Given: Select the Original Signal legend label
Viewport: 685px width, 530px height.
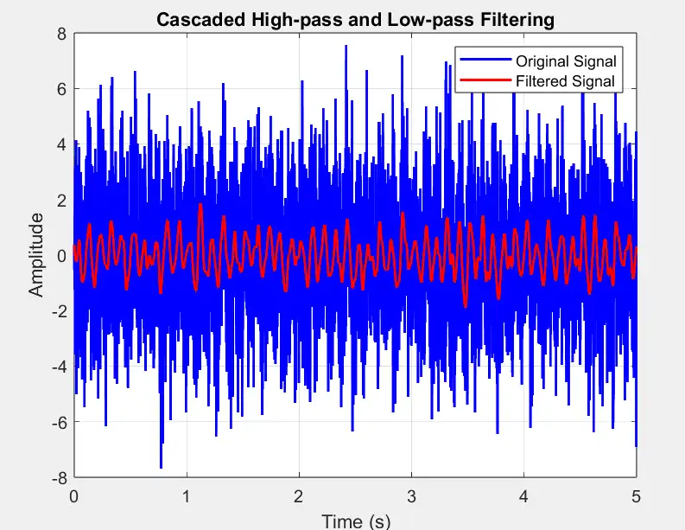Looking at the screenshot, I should [565, 61].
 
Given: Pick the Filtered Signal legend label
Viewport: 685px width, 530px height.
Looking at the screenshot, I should [565, 81].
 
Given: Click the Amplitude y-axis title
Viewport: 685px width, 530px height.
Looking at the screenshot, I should [35, 256].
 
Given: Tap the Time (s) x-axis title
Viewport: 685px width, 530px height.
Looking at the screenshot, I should [355, 520].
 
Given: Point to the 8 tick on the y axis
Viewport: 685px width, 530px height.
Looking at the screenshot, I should [61, 35].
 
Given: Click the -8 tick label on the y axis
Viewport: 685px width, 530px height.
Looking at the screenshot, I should [59, 477].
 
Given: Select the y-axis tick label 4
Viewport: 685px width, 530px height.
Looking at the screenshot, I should [61, 145].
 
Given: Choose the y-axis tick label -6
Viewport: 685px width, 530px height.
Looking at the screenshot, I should [59, 422].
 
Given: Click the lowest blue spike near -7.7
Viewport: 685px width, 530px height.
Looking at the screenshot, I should [161, 467].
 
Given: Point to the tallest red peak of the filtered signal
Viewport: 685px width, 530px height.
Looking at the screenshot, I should [200, 205].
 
